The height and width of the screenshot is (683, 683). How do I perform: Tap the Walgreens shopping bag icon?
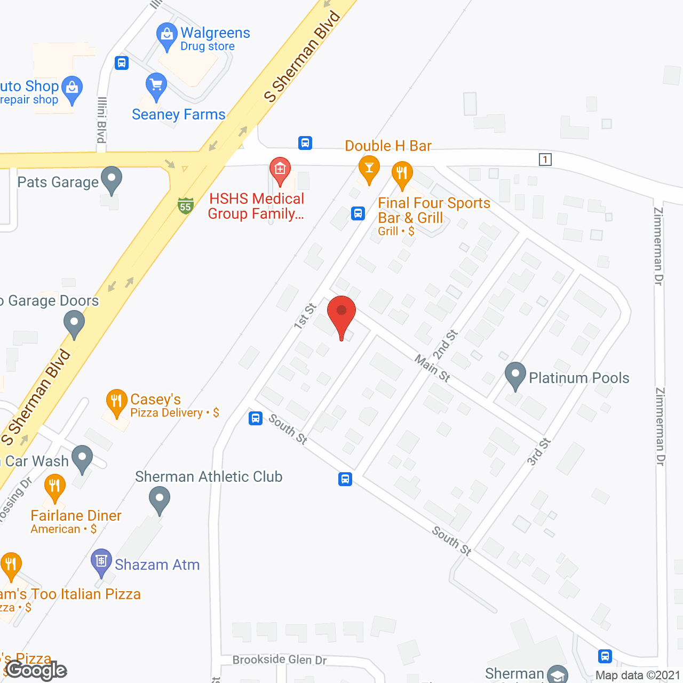click(167, 35)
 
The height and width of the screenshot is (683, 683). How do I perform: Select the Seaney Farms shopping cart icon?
click(156, 85)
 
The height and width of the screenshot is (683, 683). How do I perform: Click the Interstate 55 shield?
click(185, 205)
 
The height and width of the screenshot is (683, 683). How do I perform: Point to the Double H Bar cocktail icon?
click(369, 168)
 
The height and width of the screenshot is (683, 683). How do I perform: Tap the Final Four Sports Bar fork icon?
click(402, 174)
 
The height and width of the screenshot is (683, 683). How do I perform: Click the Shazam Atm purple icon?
click(101, 561)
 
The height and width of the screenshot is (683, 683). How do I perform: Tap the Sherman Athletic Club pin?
click(159, 501)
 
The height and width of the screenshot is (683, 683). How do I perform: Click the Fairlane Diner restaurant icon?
click(54, 487)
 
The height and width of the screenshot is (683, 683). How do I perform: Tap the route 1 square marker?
click(545, 160)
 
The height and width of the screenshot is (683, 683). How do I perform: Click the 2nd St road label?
click(445, 344)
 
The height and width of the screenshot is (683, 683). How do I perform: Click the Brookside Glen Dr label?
click(280, 660)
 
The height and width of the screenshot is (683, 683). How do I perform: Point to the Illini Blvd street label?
click(101, 120)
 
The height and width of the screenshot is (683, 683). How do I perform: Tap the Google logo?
click(36, 670)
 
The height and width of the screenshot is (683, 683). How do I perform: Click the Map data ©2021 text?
click(638, 675)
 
